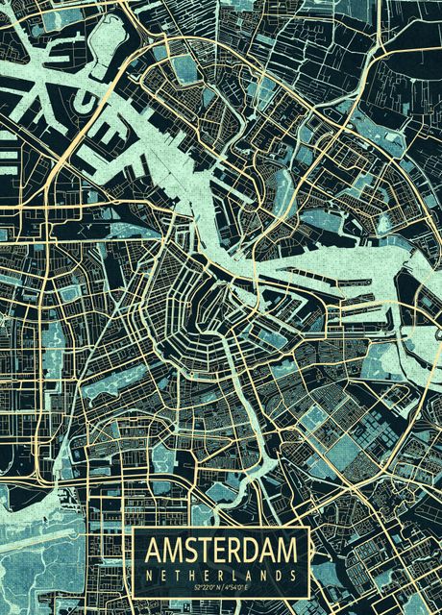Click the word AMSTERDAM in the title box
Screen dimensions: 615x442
pos(220,551)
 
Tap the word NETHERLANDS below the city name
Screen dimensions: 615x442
pos(220,574)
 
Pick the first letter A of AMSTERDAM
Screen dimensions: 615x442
pos(153,551)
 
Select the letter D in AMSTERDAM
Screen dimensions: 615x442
pos(251,551)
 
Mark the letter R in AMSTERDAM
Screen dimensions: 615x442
pos(234,551)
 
